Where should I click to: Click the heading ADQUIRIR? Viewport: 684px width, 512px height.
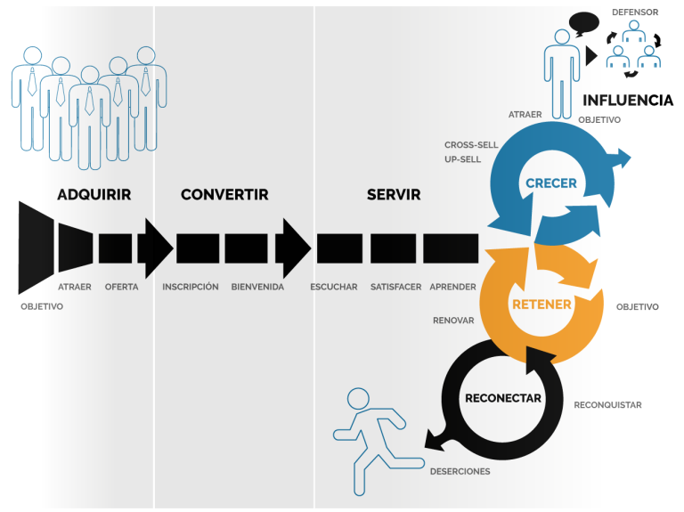click(94, 194)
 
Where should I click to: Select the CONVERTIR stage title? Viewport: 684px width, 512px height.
click(224, 194)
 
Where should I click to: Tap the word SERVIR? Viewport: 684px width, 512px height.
click(394, 194)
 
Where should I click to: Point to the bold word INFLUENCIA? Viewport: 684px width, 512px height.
click(628, 101)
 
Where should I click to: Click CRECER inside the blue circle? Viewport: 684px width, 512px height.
click(551, 183)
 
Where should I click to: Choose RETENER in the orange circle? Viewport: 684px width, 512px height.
click(541, 305)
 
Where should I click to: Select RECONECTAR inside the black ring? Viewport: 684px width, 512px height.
click(503, 398)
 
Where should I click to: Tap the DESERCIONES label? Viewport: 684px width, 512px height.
click(460, 471)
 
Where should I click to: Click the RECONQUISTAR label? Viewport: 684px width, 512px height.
click(607, 405)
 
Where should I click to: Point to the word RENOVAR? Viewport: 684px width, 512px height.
click(453, 321)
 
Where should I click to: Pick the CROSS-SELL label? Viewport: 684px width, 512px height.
click(471, 145)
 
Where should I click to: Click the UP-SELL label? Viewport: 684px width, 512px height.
click(462, 159)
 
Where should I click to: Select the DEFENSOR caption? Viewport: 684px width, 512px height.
click(635, 12)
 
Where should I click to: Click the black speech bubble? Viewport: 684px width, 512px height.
click(583, 23)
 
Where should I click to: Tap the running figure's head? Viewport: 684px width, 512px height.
click(358, 399)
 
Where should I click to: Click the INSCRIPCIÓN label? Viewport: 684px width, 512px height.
click(191, 287)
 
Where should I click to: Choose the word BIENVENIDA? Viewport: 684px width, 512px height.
click(257, 287)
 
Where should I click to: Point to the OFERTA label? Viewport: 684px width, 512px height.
click(121, 287)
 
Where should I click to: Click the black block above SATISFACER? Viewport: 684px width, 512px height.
click(393, 248)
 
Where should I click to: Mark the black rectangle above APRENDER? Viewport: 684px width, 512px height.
click(451, 248)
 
